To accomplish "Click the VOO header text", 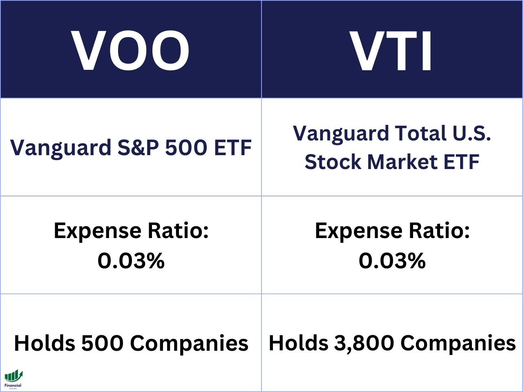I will tap(131, 51).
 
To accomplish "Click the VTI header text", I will tap(392, 51).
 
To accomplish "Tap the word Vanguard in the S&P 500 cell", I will tap(60, 148).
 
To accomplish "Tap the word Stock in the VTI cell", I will tap(333, 162).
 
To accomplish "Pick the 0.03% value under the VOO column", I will tap(131, 261).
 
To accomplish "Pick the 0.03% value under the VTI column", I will tap(392, 261).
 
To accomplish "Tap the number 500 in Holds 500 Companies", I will tap(103, 343).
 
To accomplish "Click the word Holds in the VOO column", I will tap(45, 343).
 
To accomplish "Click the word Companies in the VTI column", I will tap(458, 343).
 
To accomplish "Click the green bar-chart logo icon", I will tap(13, 376).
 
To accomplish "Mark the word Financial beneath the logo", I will tap(13, 385).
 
